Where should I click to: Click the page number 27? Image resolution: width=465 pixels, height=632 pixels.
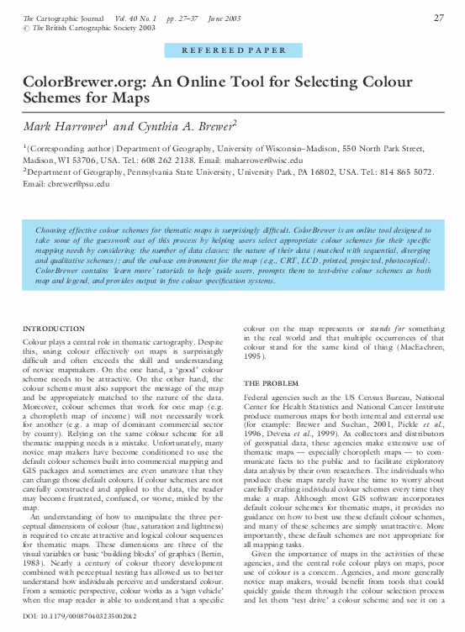click(438, 18)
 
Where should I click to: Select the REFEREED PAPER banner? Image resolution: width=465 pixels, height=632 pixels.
click(232, 50)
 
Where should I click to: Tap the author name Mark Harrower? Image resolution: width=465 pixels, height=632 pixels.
click(63, 125)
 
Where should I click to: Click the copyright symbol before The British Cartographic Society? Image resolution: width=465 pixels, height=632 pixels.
click(26, 28)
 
